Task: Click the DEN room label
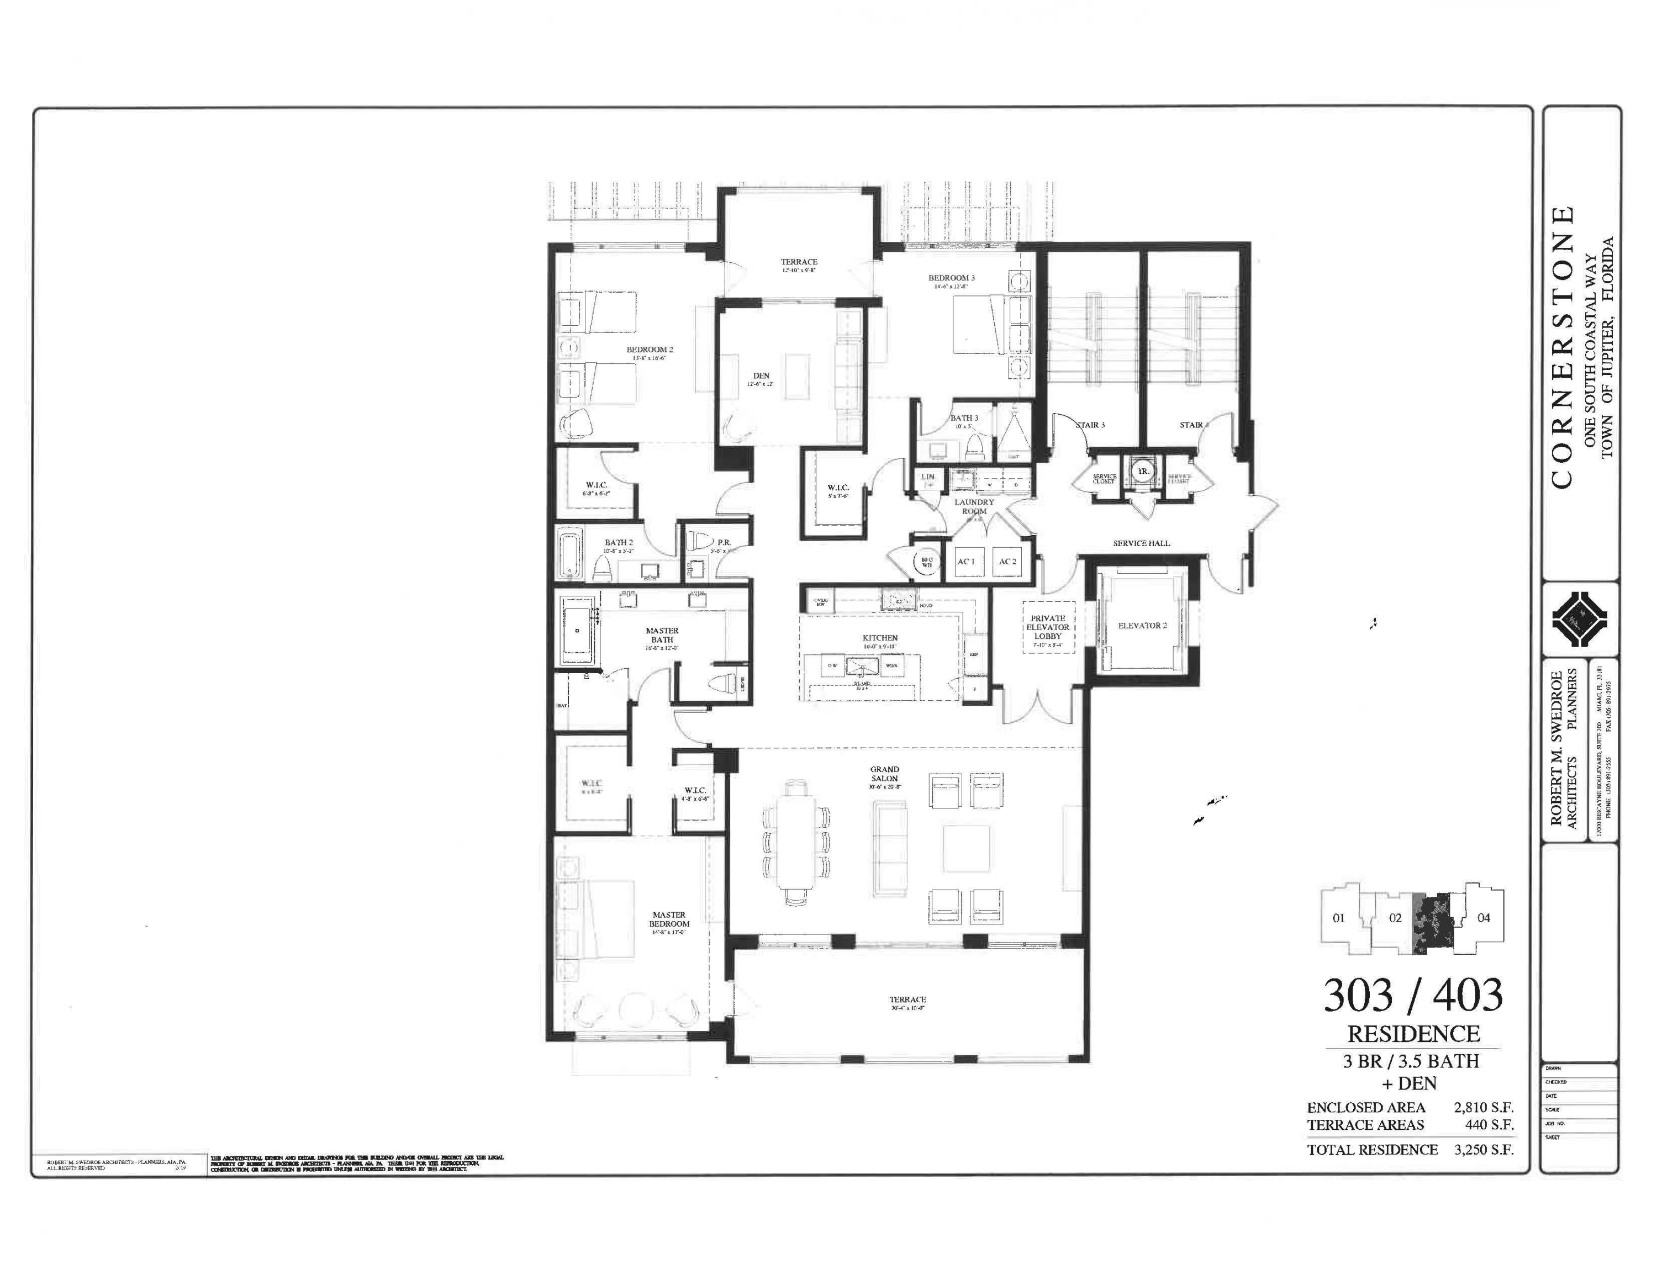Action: point(761,376)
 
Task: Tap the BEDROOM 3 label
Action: point(952,278)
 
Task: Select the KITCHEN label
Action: point(880,638)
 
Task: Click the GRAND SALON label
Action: point(885,774)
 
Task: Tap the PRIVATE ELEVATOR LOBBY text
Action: point(1048,627)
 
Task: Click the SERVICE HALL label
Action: point(1141,543)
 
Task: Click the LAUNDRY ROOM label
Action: point(974,506)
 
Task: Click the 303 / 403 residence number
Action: point(1413,996)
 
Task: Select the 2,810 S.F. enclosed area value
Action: point(1483,1108)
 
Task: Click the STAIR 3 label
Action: point(1090,425)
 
